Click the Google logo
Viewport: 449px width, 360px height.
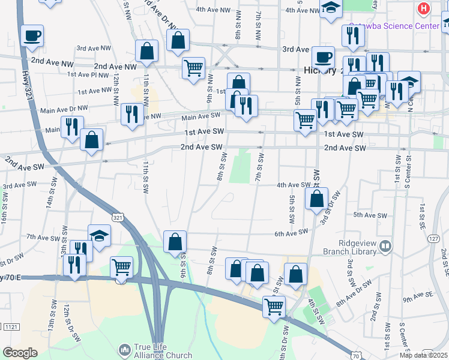pos(20,353)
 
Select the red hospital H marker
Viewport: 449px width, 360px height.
pos(423,8)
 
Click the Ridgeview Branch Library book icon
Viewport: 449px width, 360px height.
pos(386,245)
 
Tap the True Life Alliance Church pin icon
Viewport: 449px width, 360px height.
pos(124,349)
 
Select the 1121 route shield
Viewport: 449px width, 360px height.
pos(10,327)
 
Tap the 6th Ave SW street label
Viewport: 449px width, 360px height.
pos(291,233)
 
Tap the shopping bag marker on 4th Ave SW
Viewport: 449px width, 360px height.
pos(316,198)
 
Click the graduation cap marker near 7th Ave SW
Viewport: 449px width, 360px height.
pos(100,235)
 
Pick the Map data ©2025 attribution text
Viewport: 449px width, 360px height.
pos(424,355)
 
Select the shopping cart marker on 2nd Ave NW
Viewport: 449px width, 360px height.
pos(193,68)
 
